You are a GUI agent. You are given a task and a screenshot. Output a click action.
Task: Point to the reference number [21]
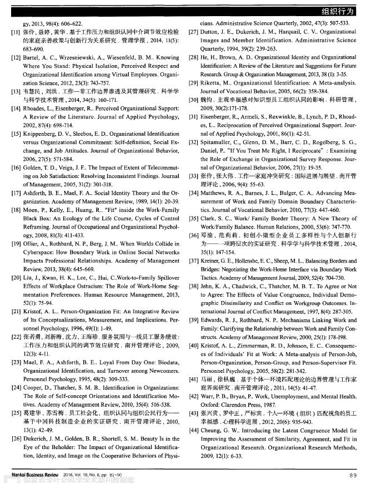(x=16, y=312)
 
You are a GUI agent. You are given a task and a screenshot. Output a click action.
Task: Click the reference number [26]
(x=16, y=439)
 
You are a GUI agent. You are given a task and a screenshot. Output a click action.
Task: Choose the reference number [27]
(x=193, y=32)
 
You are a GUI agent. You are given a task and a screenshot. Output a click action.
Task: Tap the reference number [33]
(x=193, y=175)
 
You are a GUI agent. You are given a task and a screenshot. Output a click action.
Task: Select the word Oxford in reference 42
(x=210, y=405)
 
